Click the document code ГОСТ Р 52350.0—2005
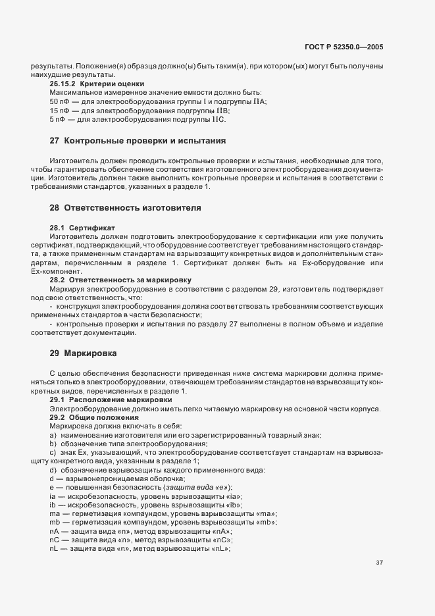[344, 47]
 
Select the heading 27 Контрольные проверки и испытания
[138, 141]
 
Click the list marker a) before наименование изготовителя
[52, 436]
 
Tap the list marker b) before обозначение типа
[52, 444]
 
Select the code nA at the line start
[54, 530]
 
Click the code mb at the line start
[55, 522]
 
